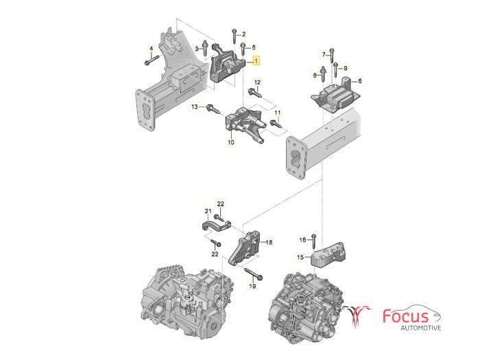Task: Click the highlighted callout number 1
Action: click(256, 61)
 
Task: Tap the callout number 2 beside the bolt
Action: click(243, 34)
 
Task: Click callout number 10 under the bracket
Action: click(230, 143)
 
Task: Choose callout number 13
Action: click(194, 107)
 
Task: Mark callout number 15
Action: click(299, 258)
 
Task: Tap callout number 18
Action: click(269, 242)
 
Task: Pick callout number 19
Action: click(252, 286)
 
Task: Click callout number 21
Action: click(206, 210)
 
